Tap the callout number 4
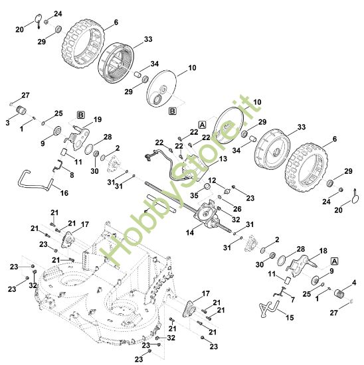(x=353, y=283)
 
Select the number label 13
(x=223, y=159)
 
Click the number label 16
(x=64, y=192)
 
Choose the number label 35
(x=195, y=196)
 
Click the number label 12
(x=213, y=181)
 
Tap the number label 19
(x=98, y=119)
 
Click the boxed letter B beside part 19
(x=81, y=114)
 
